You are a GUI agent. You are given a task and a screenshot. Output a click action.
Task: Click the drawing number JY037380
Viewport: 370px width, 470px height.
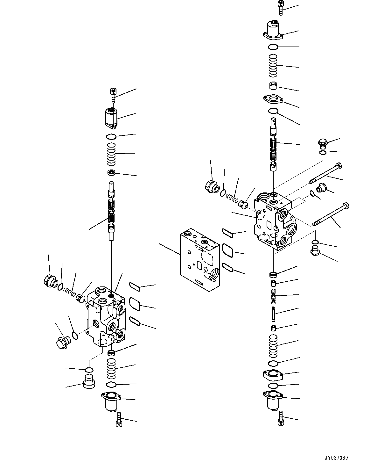click(336, 458)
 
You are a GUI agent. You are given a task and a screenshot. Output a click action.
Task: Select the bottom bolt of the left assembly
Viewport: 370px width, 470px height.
click(119, 418)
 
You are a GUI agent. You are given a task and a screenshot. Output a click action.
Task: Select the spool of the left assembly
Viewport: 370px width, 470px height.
click(111, 210)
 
